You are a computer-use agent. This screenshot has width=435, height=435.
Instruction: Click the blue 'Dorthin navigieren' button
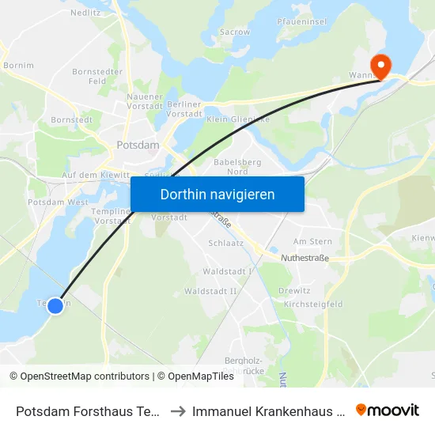pos(217,194)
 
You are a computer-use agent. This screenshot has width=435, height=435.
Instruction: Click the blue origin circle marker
pos(55,305)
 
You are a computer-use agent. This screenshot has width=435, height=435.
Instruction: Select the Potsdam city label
pos(138,146)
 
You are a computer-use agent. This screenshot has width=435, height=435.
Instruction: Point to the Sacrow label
pos(235,32)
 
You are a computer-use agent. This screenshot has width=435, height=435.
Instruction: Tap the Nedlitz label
pos(84,13)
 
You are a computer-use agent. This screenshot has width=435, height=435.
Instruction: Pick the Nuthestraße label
pos(304,258)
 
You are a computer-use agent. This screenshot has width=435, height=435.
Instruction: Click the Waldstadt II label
pos(210,291)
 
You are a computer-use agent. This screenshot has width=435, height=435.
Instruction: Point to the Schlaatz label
pos(221,244)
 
